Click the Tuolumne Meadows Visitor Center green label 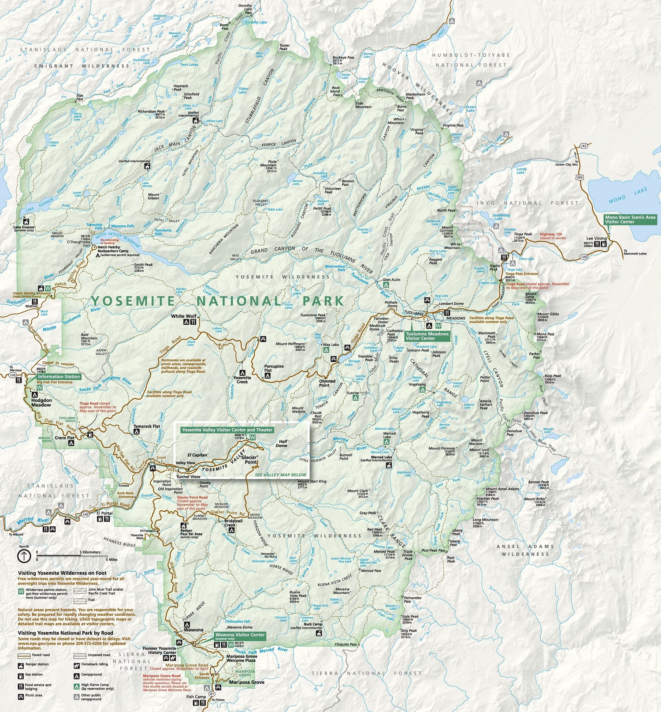(427, 336)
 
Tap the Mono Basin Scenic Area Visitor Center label (630, 219)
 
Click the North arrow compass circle (24, 556)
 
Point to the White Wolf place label (184, 316)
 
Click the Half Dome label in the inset (282, 443)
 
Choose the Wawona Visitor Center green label (240, 636)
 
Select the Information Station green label (59, 376)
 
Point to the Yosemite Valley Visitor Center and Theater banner (227, 430)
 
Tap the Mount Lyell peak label (479, 450)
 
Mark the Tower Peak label (284, 47)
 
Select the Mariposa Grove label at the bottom (246, 682)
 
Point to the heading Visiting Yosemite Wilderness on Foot (62, 573)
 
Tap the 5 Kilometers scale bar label (90, 552)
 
